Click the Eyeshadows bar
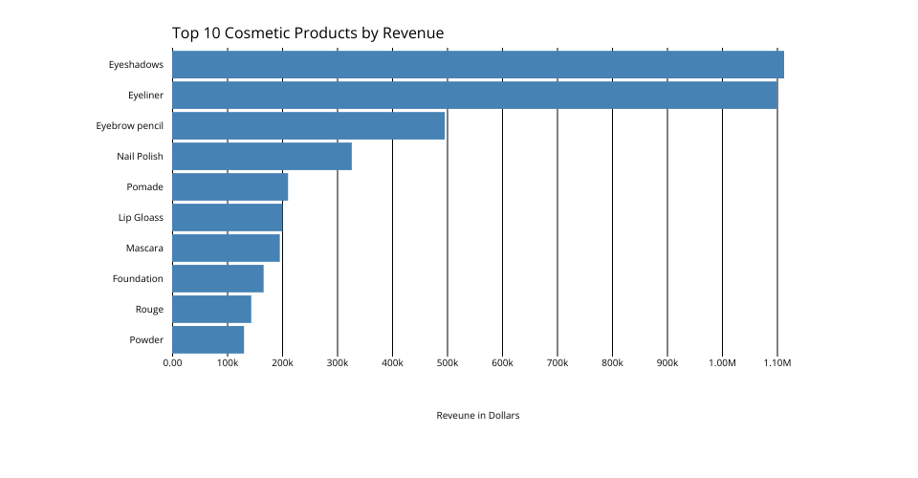click(x=478, y=64)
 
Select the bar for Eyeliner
click(x=474, y=95)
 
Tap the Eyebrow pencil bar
click(x=308, y=125)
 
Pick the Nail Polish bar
click(x=262, y=156)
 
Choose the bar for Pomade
click(x=229, y=186)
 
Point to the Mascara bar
click(x=226, y=248)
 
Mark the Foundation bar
click(x=218, y=278)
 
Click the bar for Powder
click(x=208, y=339)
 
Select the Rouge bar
click(x=211, y=309)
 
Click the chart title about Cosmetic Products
click(x=308, y=33)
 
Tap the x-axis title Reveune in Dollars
click(x=477, y=416)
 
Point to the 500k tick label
click(x=448, y=363)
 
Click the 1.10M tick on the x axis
click(x=776, y=363)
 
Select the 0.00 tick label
click(x=172, y=363)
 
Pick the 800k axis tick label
click(x=612, y=363)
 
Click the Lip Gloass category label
click(x=141, y=217)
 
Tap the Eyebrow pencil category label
click(x=129, y=125)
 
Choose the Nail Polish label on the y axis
click(x=140, y=156)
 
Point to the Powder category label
click(x=146, y=339)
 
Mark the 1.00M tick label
click(x=722, y=363)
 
